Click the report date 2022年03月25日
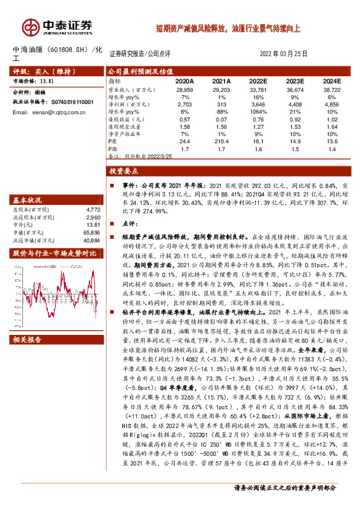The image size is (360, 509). (x=284, y=54)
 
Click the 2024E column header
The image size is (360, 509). (x=332, y=80)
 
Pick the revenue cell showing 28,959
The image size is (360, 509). (x=184, y=89)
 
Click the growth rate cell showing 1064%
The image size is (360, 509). (x=258, y=112)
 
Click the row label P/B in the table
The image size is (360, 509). (x=113, y=149)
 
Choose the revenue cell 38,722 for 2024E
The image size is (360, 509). (x=332, y=89)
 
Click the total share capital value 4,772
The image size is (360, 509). (x=89, y=209)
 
